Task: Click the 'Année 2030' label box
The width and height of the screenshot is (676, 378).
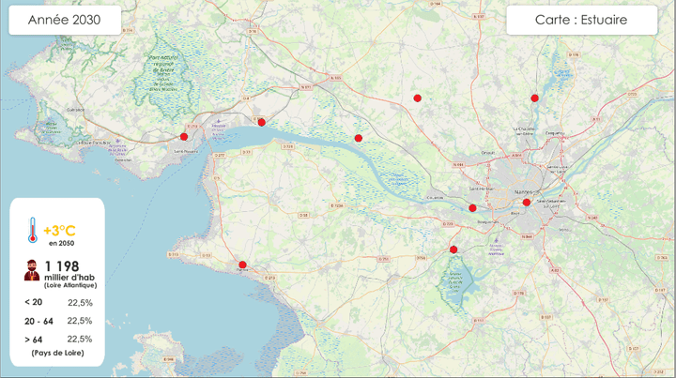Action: pyautogui.click(x=65, y=21)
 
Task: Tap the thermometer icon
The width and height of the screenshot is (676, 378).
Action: pyautogui.click(x=32, y=231)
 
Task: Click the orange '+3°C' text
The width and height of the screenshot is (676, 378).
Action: pyautogui.click(x=59, y=230)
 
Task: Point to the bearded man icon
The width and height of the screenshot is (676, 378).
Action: pyautogui.click(x=32, y=270)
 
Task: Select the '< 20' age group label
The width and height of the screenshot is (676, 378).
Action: pyautogui.click(x=33, y=302)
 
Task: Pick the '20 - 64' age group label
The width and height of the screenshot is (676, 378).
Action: pyautogui.click(x=38, y=321)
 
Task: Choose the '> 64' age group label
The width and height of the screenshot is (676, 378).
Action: pyautogui.click(x=33, y=339)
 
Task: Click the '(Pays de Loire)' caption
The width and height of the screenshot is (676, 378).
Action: pyautogui.click(x=57, y=353)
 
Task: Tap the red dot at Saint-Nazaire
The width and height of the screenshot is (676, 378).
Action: pyautogui.click(x=184, y=137)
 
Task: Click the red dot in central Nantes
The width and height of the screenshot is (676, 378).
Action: pyautogui.click(x=527, y=202)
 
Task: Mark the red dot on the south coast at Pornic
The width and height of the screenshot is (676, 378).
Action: pyautogui.click(x=242, y=265)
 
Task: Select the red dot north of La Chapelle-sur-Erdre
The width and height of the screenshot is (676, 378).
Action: pyautogui.click(x=534, y=98)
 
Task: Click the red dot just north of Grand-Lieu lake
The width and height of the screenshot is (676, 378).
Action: pyautogui.click(x=453, y=249)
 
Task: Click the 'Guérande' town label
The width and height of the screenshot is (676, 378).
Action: pyautogui.click(x=75, y=110)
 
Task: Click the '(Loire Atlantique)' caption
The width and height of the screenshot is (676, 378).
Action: pyautogui.click(x=70, y=284)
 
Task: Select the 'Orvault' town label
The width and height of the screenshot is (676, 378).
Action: pyautogui.click(x=488, y=152)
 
